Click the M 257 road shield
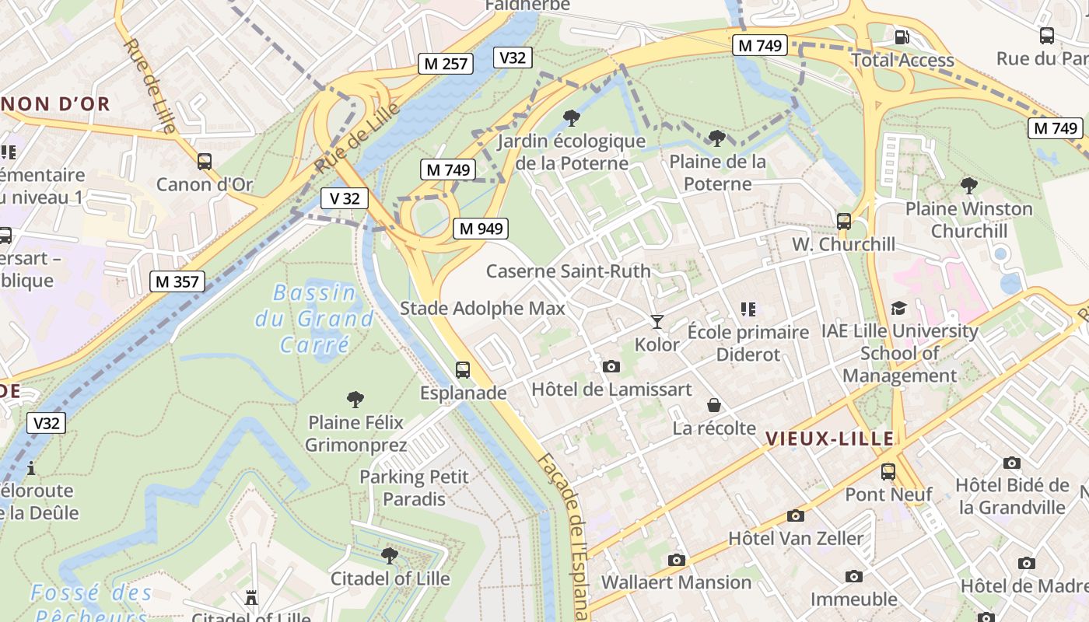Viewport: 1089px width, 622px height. click(446, 64)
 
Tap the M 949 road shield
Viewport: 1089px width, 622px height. click(481, 229)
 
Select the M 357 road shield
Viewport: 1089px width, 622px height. click(177, 281)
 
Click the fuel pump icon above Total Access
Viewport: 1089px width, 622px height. click(902, 37)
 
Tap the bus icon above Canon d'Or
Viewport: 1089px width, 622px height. click(205, 162)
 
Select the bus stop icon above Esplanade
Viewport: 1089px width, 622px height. click(463, 370)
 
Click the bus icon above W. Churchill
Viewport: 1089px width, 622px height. click(844, 221)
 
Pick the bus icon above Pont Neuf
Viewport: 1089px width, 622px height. click(888, 471)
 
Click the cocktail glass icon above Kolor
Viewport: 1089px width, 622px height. click(657, 321)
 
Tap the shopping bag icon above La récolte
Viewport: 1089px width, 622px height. click(713, 405)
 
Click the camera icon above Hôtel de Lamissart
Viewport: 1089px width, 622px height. click(611, 366)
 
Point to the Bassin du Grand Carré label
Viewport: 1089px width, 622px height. click(314, 319)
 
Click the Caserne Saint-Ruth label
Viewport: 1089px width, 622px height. click(568, 271)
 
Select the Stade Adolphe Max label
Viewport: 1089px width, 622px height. click(482, 309)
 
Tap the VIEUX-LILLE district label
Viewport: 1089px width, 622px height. click(829, 439)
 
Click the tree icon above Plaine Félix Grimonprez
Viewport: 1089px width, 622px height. click(355, 400)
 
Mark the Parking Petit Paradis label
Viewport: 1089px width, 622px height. click(414, 487)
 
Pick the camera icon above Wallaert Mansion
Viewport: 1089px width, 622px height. click(676, 560)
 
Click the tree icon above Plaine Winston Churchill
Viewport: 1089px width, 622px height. click(968, 185)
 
